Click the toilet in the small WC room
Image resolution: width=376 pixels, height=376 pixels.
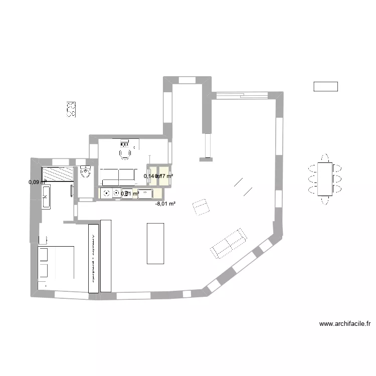[x=85, y=173]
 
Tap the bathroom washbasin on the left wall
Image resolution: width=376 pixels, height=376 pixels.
[x=47, y=196]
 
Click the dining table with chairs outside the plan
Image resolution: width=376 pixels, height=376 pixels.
[x=325, y=179]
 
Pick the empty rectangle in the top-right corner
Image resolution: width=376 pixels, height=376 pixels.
[x=325, y=86]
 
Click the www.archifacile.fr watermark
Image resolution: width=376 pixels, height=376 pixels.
[x=344, y=324]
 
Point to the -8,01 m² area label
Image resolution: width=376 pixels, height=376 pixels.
[x=165, y=204]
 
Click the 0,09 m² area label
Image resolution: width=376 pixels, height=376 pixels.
[x=36, y=182]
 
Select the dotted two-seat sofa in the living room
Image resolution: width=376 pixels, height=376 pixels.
[x=229, y=243]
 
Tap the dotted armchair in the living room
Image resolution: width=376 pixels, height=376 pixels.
[x=201, y=207]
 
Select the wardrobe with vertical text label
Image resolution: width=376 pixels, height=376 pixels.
[x=93, y=258]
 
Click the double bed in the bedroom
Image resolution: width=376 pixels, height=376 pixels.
[x=57, y=262]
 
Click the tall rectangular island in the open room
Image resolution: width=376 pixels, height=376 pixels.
[x=155, y=243]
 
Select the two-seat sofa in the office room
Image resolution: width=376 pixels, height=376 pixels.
[x=118, y=176]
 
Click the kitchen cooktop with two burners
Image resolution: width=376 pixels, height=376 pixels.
[x=110, y=193]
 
